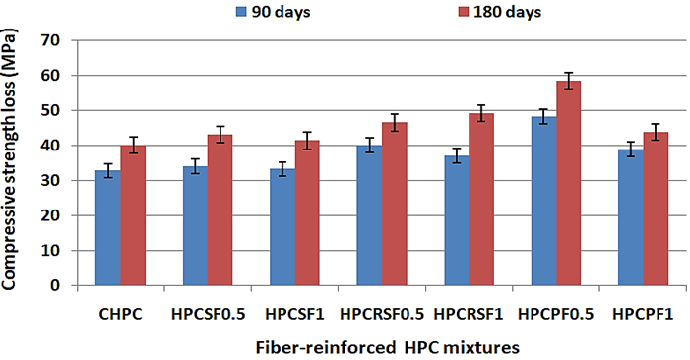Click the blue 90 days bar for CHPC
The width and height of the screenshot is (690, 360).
click(x=108, y=228)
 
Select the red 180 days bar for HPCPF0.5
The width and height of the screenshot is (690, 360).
click(x=569, y=183)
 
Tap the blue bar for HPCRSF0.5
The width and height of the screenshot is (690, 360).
click(x=369, y=215)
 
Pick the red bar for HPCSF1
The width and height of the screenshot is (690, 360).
click(x=307, y=213)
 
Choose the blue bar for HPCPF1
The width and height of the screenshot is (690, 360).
click(x=631, y=217)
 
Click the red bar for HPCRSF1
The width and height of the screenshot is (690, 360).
click(x=481, y=200)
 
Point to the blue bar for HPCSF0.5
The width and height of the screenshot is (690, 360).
click(x=195, y=226)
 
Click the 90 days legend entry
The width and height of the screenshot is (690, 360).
click(x=274, y=12)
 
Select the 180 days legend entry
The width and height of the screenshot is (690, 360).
click(x=500, y=12)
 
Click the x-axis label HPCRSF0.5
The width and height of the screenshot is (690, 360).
click(x=382, y=315)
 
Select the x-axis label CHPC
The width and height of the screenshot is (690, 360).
click(x=120, y=315)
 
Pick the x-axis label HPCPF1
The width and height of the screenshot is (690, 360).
click(x=643, y=315)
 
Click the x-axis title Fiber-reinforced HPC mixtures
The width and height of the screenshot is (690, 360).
click(x=387, y=348)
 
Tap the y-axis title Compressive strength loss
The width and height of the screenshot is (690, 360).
click(x=9, y=159)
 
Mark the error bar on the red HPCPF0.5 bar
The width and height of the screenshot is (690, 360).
click(x=569, y=81)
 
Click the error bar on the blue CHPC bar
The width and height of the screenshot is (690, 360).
click(x=108, y=170)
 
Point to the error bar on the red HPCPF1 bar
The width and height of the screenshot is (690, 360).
click(x=656, y=132)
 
